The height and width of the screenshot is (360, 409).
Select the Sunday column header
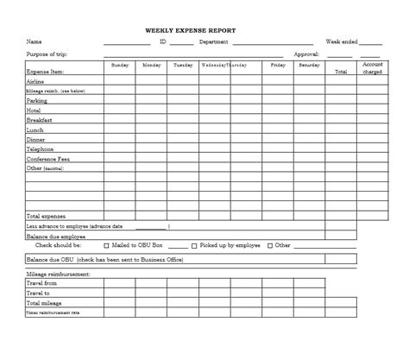click(x=120, y=66)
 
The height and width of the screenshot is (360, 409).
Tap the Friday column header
click(x=278, y=66)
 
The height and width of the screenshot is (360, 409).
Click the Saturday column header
click(x=308, y=66)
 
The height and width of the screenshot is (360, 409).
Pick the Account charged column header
click(x=372, y=68)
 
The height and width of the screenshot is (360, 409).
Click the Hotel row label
click(x=34, y=111)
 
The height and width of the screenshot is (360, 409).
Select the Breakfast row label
click(x=39, y=120)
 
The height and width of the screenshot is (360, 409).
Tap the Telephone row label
click(x=40, y=148)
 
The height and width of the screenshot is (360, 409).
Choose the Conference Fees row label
click(x=48, y=158)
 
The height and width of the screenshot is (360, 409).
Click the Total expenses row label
click(x=46, y=216)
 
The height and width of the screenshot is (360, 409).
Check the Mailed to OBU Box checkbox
click(x=106, y=246)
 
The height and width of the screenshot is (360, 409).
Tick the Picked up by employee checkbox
click(x=194, y=246)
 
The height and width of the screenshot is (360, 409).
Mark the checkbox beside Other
click(x=269, y=246)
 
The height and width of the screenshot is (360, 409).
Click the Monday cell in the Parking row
click(x=151, y=100)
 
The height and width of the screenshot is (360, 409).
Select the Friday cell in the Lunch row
click(x=278, y=129)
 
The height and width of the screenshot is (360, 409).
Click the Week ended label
click(x=342, y=41)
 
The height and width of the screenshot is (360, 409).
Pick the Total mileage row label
click(x=44, y=303)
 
